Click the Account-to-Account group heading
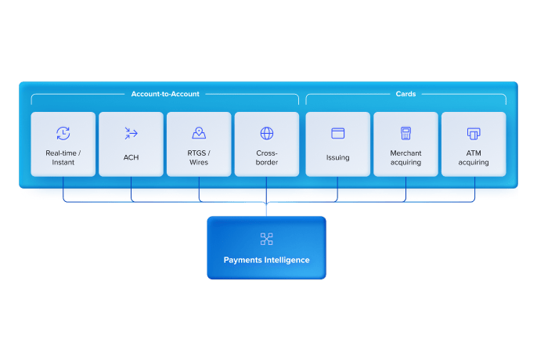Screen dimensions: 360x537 click(x=165, y=94)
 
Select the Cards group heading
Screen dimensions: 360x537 click(x=405, y=94)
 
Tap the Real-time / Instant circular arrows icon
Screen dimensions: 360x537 click(x=63, y=134)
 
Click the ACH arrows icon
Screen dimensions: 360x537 click(x=131, y=134)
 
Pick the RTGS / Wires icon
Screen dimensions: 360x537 click(x=199, y=134)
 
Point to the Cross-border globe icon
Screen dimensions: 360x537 click(x=267, y=134)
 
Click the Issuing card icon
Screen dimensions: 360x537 click(x=338, y=134)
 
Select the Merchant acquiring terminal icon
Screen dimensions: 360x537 click(x=405, y=134)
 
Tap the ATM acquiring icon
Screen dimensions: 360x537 click(x=474, y=134)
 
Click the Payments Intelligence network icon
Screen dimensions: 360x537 click(x=266, y=239)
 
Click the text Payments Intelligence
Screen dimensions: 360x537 click(x=266, y=260)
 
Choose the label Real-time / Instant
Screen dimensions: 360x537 click(x=63, y=158)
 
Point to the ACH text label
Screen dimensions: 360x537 click(x=131, y=157)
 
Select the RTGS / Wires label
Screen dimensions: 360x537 click(x=199, y=158)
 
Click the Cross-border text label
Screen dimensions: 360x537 click(x=267, y=158)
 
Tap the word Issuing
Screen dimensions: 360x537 click(x=338, y=157)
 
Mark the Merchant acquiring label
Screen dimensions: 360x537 click(x=405, y=158)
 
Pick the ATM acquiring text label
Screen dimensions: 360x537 click(x=474, y=158)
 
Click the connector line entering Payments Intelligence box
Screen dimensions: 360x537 click(x=266, y=209)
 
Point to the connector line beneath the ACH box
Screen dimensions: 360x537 click(x=131, y=185)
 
